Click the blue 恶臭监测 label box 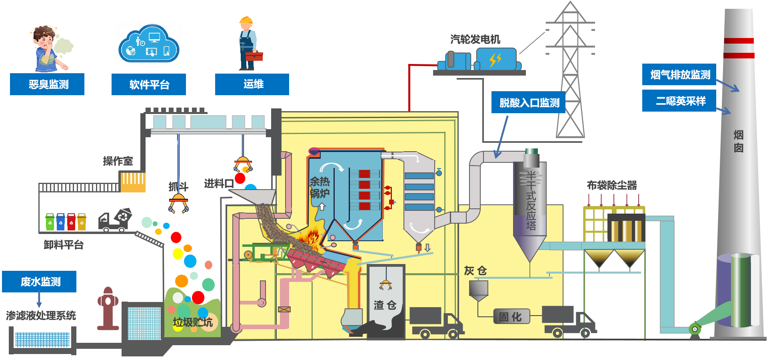click(47, 84)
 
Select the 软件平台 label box click(149, 84)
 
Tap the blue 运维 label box click(252, 84)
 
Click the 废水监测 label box click(39, 282)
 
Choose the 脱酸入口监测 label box click(528, 102)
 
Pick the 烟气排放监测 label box click(679, 74)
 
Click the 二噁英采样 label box click(679, 101)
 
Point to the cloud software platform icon click(149, 44)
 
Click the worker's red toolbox click(254, 56)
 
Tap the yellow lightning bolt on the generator click(495, 60)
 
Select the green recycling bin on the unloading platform click(50, 222)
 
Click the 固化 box click(511, 316)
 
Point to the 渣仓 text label click(385, 305)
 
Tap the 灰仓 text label click(475, 271)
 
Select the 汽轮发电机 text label click(475, 39)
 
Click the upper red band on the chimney click(739, 41)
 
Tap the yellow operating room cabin click(133, 182)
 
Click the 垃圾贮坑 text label click(192, 322)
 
